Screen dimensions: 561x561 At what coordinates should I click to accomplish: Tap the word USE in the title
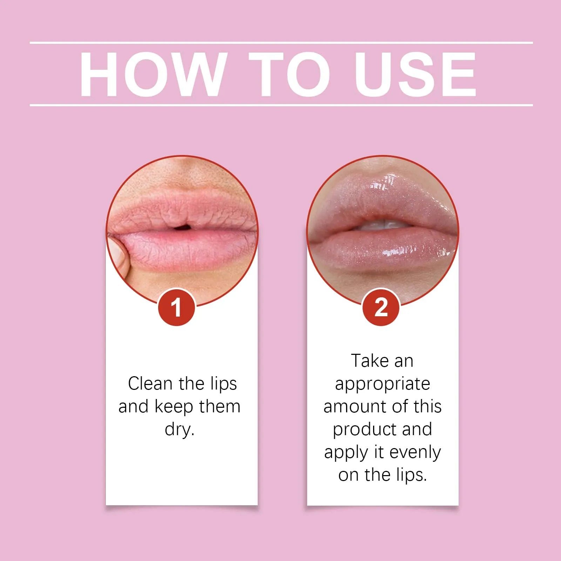point(415,74)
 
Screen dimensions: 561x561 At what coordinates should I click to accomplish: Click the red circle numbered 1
point(176,307)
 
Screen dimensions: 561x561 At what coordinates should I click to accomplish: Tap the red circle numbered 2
point(381,307)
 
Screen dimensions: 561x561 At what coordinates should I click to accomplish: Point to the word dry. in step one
point(180,429)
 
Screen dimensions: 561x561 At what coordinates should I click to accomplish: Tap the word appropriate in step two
point(382,384)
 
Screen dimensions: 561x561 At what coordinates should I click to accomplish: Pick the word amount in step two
point(354,407)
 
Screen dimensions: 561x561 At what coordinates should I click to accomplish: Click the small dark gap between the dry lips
point(182,228)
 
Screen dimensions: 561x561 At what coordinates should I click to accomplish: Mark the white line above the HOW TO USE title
point(280,43)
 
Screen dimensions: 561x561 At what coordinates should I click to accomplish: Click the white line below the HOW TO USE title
point(280,105)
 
